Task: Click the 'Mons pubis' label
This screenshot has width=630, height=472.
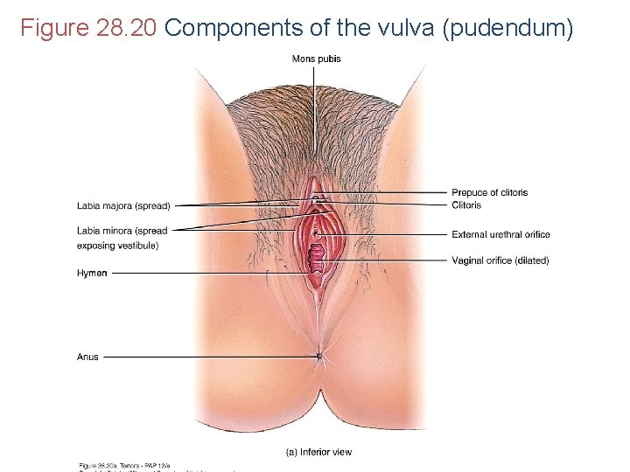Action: click(317, 59)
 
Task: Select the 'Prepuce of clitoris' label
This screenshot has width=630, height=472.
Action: click(489, 192)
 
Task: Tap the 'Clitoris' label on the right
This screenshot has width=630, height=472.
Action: click(466, 205)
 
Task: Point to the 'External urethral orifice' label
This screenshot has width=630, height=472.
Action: click(500, 234)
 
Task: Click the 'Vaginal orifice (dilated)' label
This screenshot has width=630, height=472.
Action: click(500, 260)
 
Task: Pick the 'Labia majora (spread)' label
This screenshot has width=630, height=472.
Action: click(123, 205)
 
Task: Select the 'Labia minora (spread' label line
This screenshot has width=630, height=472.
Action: click(122, 231)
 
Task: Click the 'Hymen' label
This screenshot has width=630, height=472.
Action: click(92, 273)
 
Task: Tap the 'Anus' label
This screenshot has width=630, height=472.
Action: click(87, 357)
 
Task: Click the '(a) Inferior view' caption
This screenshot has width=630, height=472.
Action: click(319, 452)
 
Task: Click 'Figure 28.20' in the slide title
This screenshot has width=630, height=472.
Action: click(88, 29)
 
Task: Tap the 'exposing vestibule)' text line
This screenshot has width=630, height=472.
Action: click(117, 246)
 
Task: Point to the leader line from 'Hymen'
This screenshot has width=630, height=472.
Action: click(210, 273)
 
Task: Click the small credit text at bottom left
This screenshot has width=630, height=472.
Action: click(131, 466)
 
